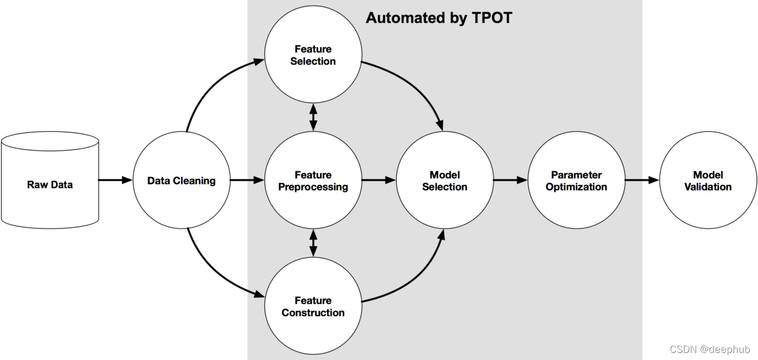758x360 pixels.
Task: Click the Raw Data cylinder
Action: (50, 180)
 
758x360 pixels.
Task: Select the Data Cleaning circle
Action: (181, 180)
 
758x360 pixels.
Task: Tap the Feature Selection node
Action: (313, 54)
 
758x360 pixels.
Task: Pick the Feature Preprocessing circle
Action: (313, 180)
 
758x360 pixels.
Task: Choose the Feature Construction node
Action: (313, 306)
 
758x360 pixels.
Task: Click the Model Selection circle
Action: (445, 180)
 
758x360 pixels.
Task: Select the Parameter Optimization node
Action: (576, 180)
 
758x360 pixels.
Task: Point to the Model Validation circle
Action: (708, 180)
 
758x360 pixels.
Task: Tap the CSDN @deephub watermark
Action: (710, 349)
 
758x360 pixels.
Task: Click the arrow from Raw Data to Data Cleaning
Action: (115, 180)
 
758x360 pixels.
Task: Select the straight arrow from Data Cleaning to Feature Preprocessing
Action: (247, 180)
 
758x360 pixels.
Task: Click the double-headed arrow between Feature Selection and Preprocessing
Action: (313, 117)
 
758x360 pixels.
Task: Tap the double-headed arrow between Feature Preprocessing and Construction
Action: (313, 243)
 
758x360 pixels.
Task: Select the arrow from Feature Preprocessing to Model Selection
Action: (378, 180)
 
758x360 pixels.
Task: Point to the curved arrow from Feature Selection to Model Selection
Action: (415, 84)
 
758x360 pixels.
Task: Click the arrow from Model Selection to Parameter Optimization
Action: (510, 180)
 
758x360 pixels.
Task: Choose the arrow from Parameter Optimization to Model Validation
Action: (642, 180)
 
